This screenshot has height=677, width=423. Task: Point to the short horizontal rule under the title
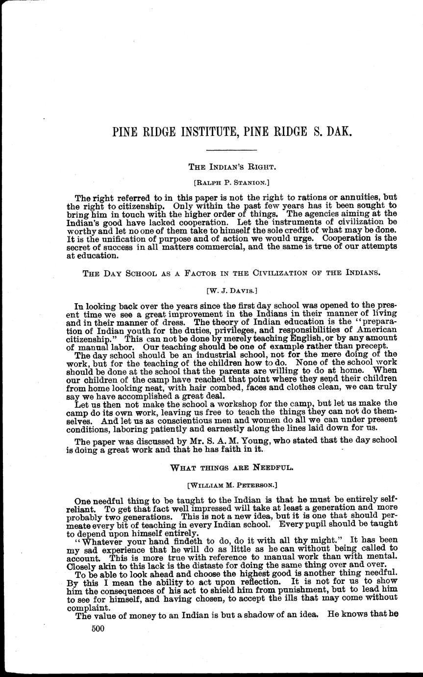click(x=231, y=150)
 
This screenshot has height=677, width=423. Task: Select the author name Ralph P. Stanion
click(x=231, y=182)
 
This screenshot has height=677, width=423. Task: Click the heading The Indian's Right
click(x=231, y=167)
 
